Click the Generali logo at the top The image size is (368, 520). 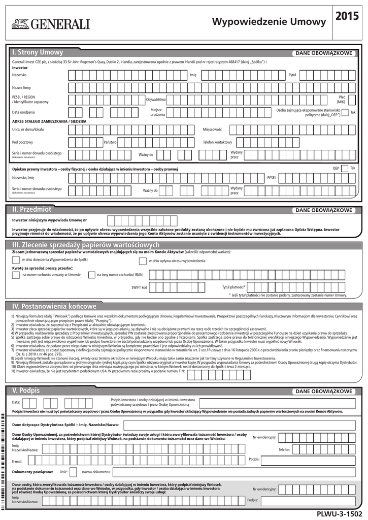[x=50, y=23]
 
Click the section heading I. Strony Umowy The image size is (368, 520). [x=38, y=53]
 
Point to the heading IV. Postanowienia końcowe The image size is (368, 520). [x=54, y=306]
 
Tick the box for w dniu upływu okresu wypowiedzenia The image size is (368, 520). [x=142, y=261]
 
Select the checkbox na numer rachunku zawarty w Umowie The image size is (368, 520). [x=15, y=275]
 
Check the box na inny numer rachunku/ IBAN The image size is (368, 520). [x=91, y=275]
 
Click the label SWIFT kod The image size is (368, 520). [x=139, y=287]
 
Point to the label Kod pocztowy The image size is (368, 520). [x=22, y=142]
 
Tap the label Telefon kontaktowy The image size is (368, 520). [x=217, y=142]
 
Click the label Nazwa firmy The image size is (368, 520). [x=22, y=88]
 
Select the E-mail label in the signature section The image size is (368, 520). [x=17, y=461]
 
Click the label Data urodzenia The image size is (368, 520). [x=23, y=112]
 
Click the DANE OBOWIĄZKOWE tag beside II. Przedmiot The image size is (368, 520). [x=324, y=210]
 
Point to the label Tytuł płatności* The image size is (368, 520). [x=233, y=287]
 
